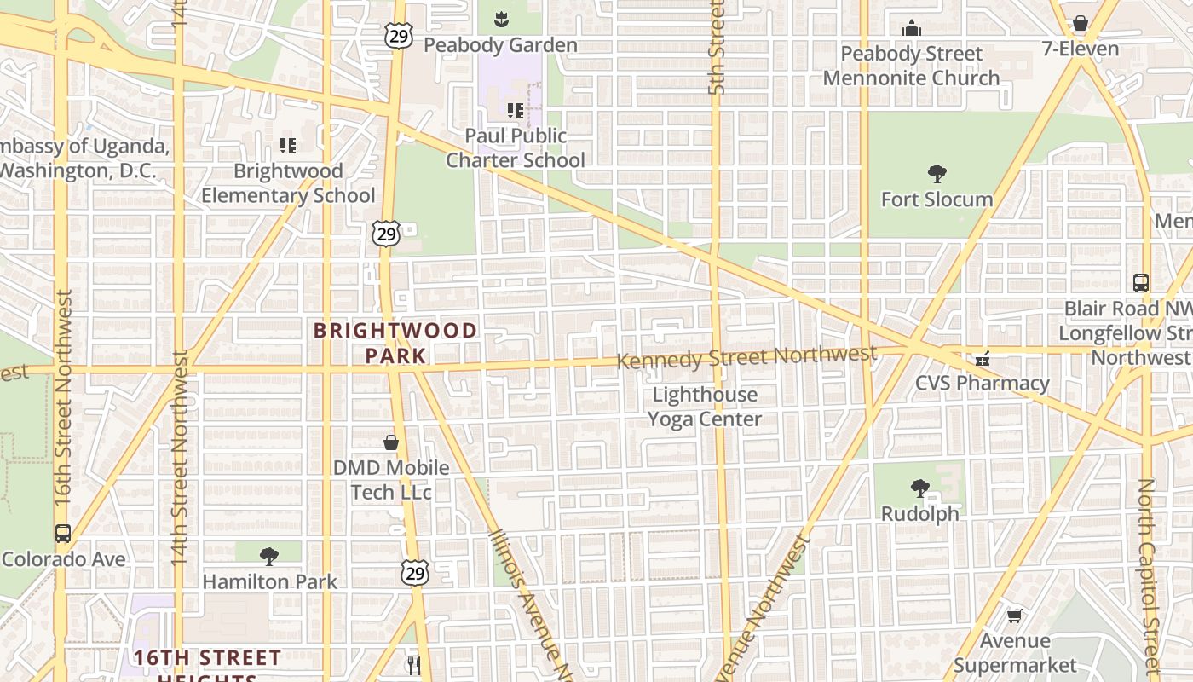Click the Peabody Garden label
500,45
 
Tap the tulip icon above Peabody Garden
501,17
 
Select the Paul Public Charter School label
516,147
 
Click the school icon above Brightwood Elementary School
288,146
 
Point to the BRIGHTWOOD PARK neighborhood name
395,343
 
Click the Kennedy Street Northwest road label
746,357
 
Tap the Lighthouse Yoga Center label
704,407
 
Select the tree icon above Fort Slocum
937,175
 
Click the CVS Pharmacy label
982,383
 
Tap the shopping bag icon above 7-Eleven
1081,23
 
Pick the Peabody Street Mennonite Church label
911,66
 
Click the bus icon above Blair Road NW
1141,282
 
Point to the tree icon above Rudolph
919,488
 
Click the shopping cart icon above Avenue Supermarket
1014,616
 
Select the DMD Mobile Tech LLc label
391,480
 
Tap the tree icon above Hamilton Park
269,557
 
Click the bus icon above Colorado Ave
63,534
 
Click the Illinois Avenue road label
529,601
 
